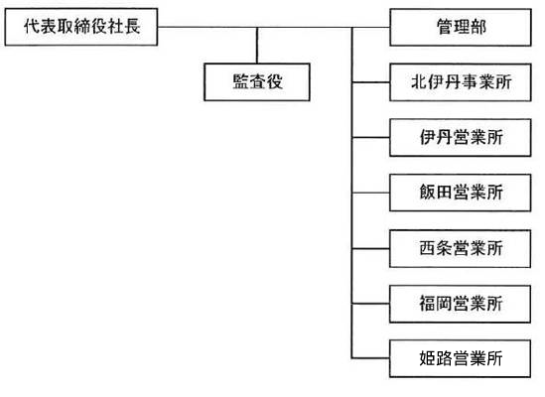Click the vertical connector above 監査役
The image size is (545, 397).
pyautogui.click(x=257, y=46)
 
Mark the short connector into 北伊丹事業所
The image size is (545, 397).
pyautogui.click(x=371, y=82)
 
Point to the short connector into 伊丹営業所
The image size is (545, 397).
pyautogui.click(x=371, y=138)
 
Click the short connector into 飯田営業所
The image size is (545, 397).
pyautogui.click(x=371, y=193)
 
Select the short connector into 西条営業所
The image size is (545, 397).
pyautogui.click(x=371, y=248)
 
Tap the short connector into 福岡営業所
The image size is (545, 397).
pyautogui.click(x=371, y=304)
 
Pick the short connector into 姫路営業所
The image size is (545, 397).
pyautogui.click(x=371, y=358)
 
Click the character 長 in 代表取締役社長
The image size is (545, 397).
pyautogui.click(x=133, y=27)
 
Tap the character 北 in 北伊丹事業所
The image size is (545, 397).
pyautogui.click(x=419, y=82)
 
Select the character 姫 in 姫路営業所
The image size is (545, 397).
pyautogui.click(x=428, y=358)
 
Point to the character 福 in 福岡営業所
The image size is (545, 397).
pyautogui.click(x=428, y=304)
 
